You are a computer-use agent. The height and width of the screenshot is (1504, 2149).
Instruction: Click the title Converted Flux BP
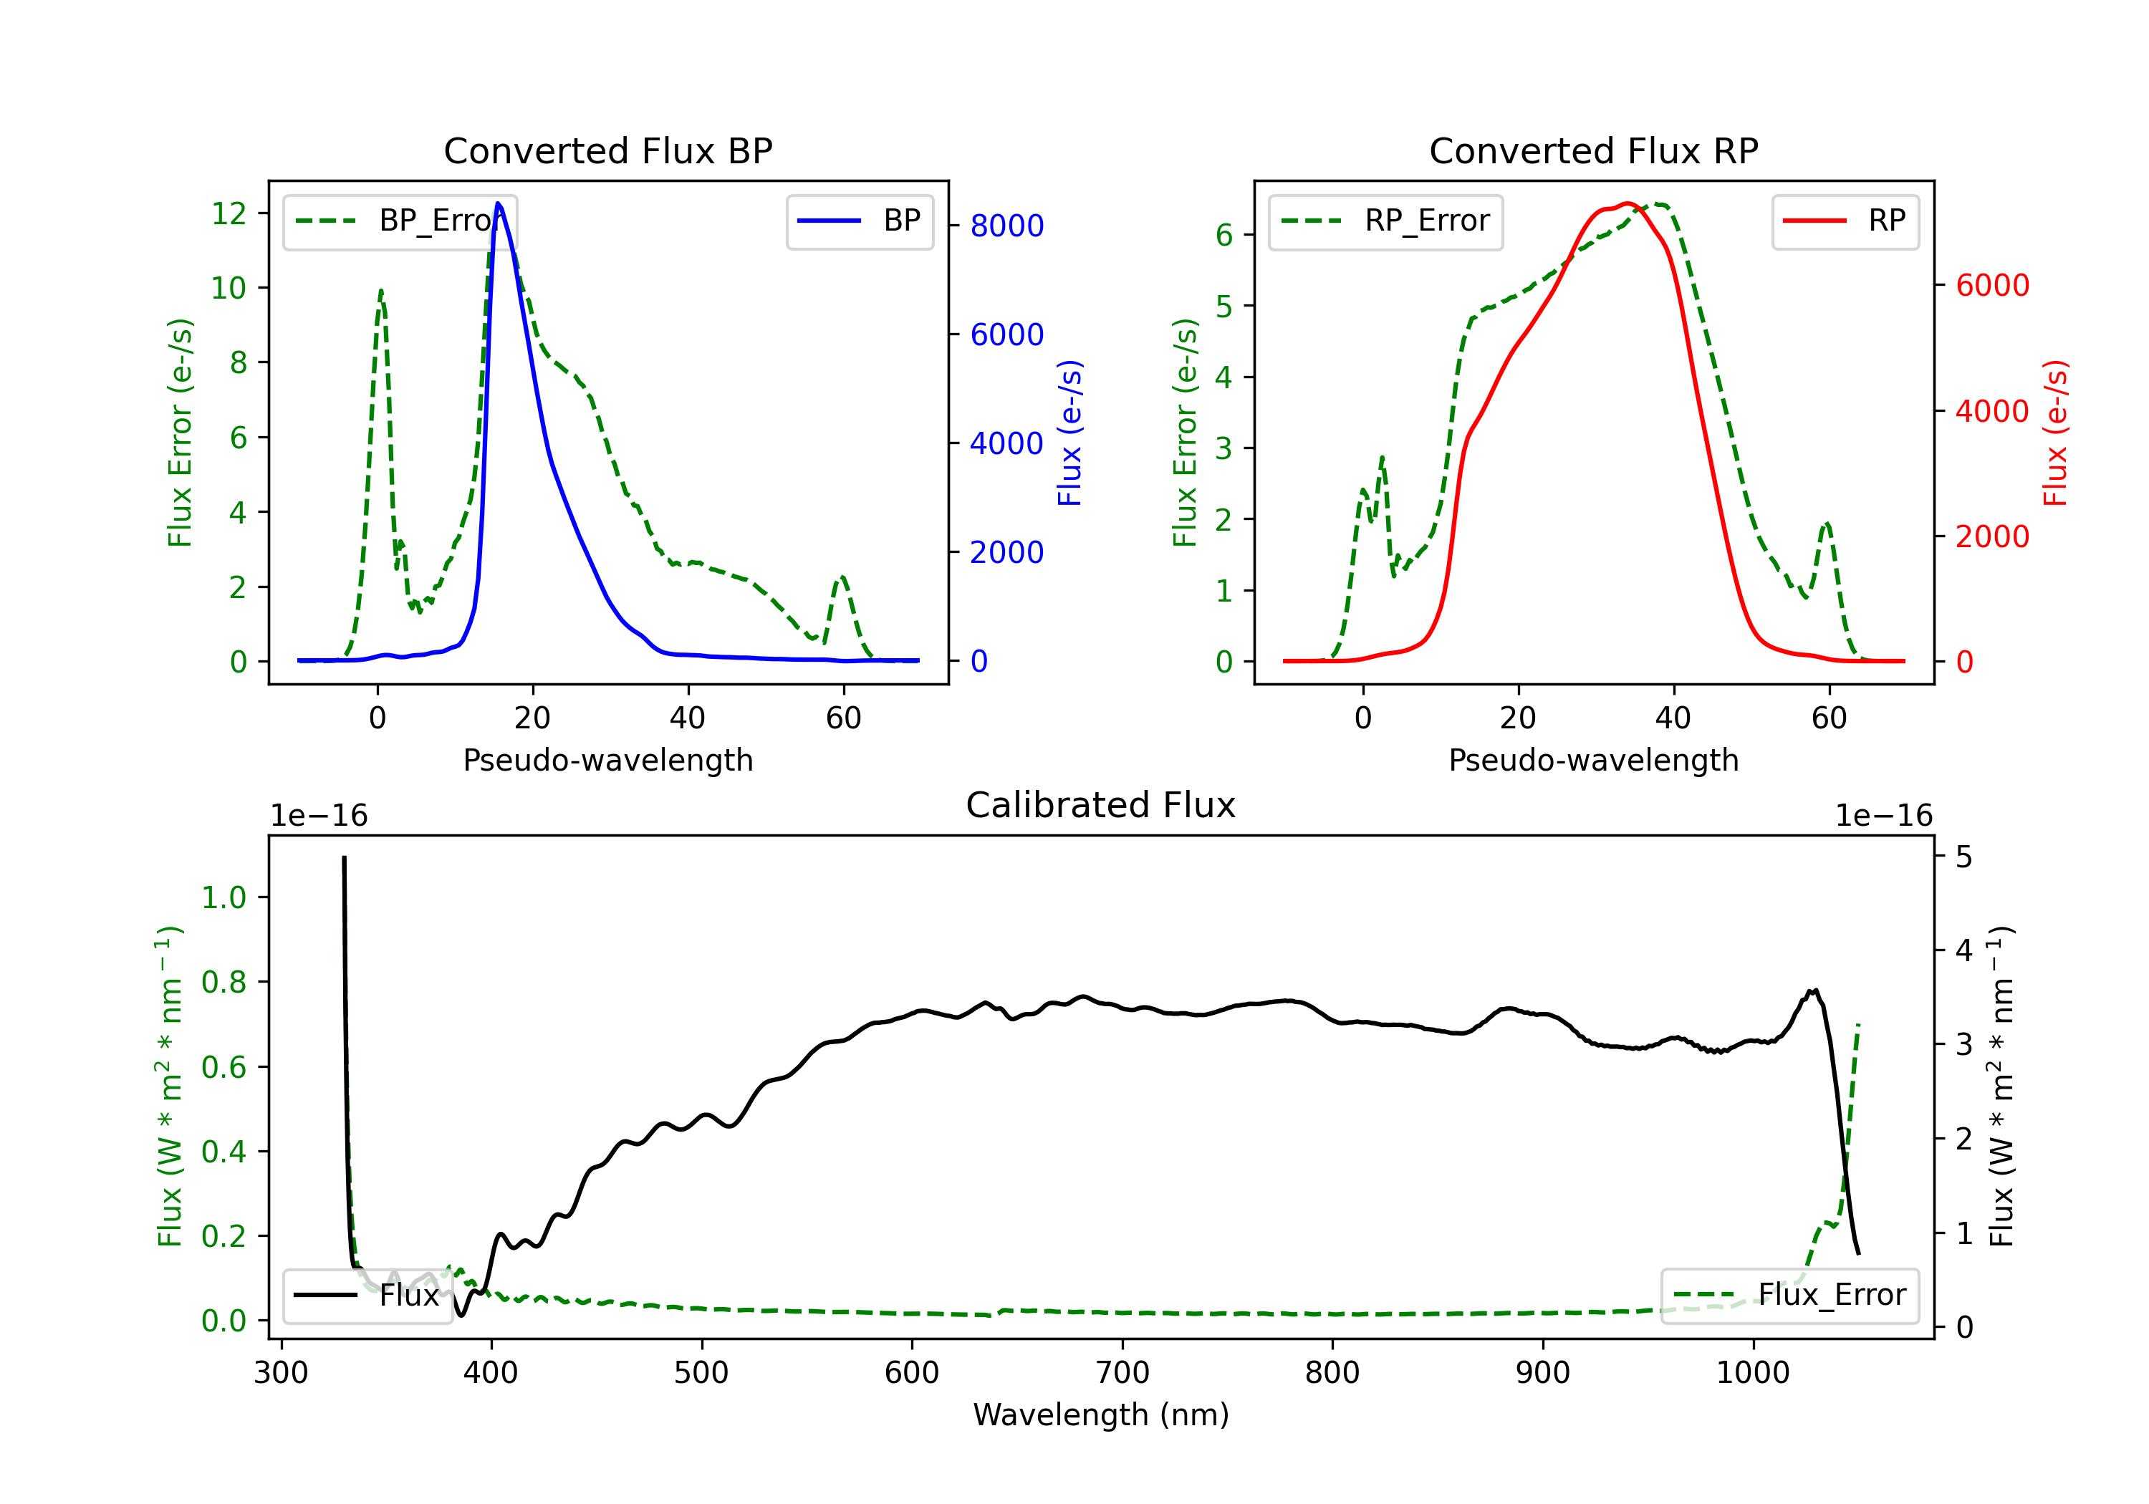point(607,150)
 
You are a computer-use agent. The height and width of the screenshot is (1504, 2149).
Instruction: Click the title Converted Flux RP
point(1593,150)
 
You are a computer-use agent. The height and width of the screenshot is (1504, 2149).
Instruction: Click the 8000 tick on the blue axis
point(1006,226)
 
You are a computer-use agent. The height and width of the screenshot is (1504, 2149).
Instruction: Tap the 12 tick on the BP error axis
point(229,213)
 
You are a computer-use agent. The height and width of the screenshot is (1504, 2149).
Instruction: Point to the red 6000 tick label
point(1991,286)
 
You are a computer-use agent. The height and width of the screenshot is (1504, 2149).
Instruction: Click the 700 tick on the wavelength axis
point(1121,1372)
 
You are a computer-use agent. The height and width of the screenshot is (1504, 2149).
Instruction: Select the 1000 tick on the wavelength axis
point(1752,1372)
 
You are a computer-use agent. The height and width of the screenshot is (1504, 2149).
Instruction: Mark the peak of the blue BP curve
point(498,203)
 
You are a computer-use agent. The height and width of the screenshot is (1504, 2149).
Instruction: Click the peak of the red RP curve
point(1628,203)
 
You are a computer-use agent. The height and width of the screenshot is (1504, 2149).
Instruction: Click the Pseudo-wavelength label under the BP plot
point(607,760)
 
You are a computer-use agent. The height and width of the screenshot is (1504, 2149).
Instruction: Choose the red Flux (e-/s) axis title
point(2054,433)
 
